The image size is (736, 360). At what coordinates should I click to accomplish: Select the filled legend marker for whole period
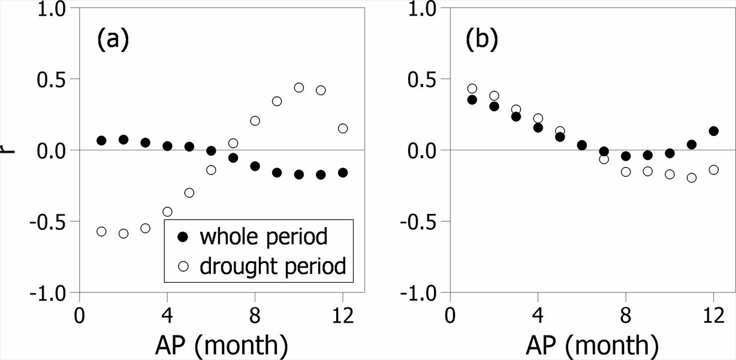[183, 237]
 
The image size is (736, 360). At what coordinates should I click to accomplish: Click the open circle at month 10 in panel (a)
[299, 87]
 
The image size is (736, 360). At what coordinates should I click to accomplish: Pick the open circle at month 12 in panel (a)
[343, 128]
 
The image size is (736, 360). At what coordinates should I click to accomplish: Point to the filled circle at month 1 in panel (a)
[101, 141]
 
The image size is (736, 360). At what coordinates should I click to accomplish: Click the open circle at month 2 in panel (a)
[123, 234]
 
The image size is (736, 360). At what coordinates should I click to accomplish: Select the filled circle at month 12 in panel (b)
[713, 131]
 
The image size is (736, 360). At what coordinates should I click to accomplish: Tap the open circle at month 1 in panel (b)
[472, 89]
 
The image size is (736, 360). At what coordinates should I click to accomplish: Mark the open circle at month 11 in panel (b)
[692, 178]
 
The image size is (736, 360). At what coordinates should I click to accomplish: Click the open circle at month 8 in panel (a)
[255, 121]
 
